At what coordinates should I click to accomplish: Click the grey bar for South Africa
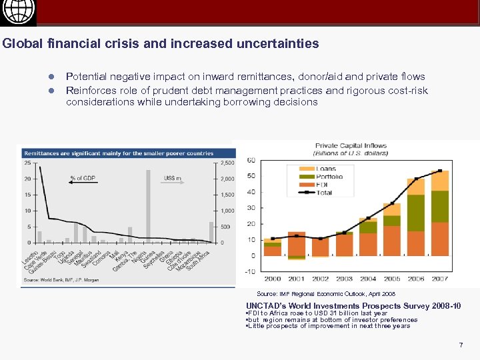click(x=211, y=231)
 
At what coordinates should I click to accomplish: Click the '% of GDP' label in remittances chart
click(x=82, y=178)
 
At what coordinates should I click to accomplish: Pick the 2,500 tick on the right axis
click(x=227, y=163)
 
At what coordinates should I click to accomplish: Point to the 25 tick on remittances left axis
click(x=27, y=163)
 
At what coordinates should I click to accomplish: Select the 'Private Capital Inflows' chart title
click(x=351, y=145)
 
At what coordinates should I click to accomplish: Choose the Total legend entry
click(x=319, y=192)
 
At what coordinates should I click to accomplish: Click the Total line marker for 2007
click(x=439, y=172)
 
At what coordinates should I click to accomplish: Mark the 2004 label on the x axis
click(x=368, y=279)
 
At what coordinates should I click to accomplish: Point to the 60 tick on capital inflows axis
click(x=251, y=160)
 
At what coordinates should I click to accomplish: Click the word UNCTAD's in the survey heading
click(x=267, y=306)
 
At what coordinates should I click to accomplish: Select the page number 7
click(x=460, y=345)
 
